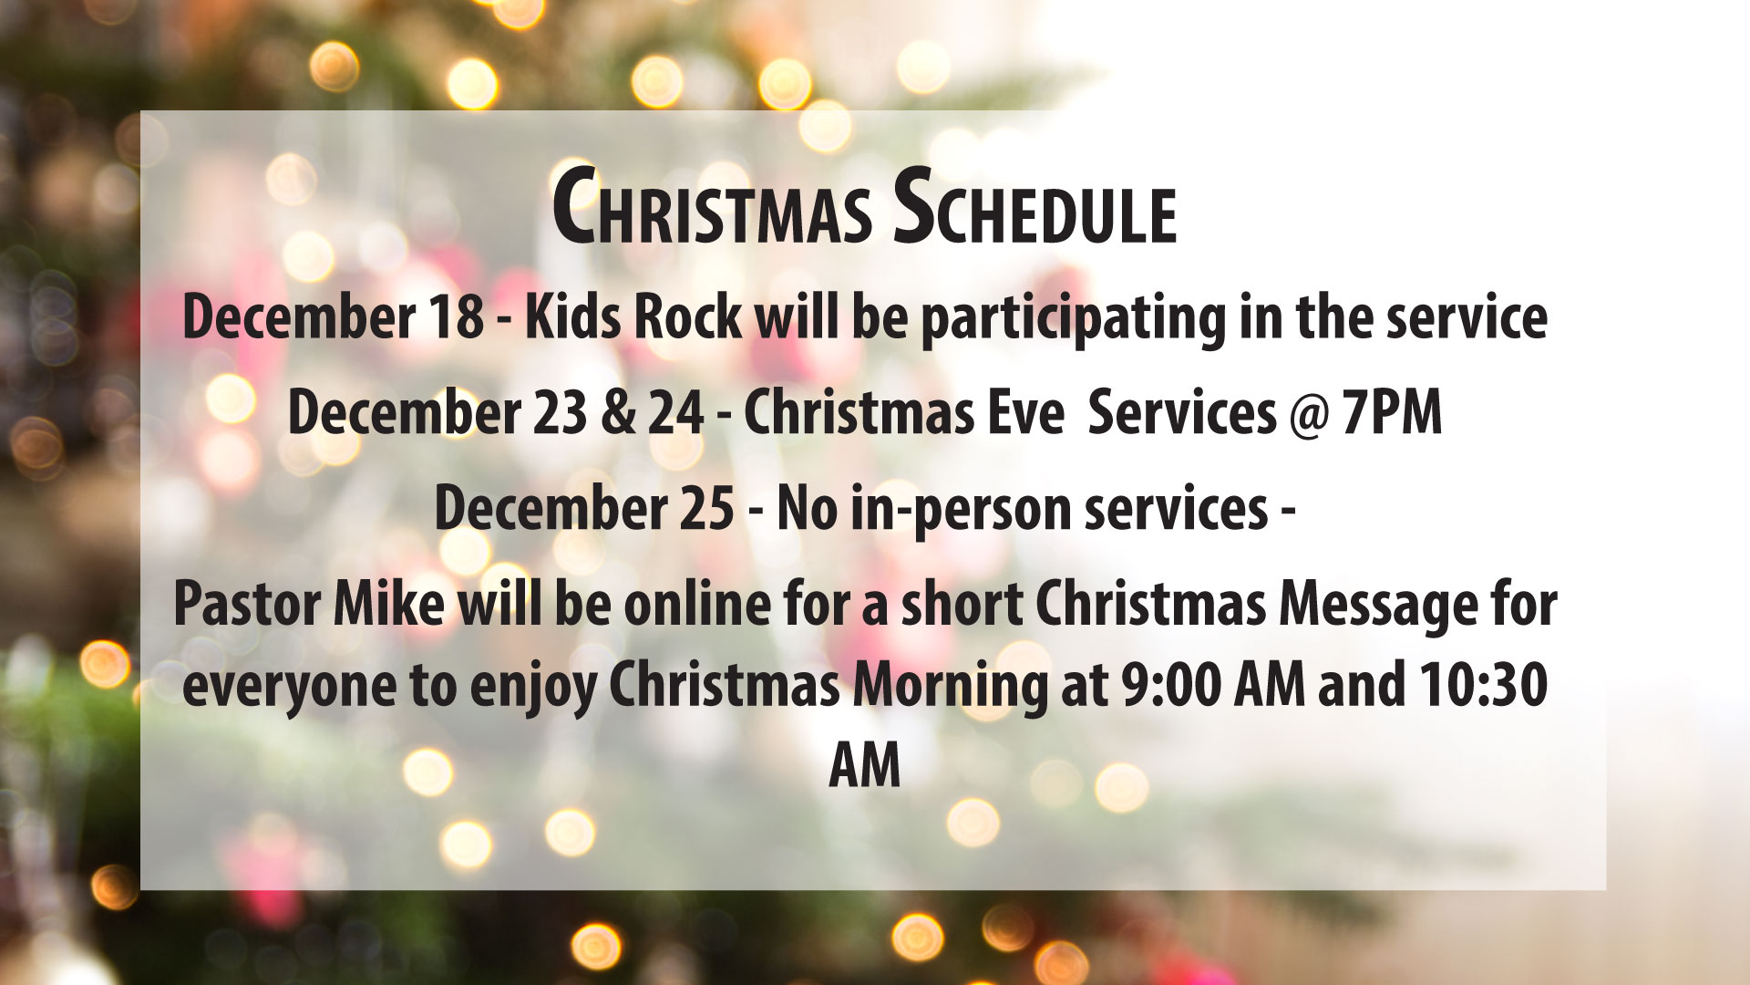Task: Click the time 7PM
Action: pos(1393,413)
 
